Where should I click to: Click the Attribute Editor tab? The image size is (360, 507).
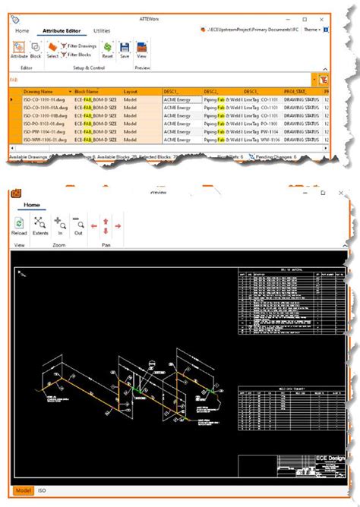62,30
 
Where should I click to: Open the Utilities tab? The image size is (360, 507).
102,30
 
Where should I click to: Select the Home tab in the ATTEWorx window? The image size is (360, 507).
23,30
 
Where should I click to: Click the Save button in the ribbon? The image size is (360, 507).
125,50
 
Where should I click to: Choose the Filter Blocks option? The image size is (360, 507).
79,55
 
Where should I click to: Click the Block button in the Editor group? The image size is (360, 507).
36,50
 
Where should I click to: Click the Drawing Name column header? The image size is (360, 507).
37,91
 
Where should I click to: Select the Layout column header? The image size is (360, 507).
131,91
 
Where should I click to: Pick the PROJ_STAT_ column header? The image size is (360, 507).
299,91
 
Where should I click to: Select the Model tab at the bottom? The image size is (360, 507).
24,492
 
